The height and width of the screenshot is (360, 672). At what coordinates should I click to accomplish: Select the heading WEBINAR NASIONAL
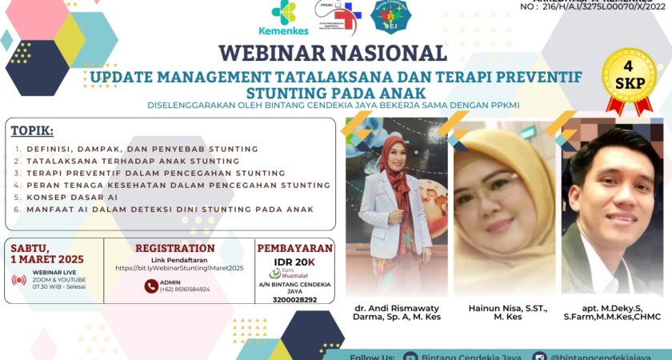[x=332, y=54]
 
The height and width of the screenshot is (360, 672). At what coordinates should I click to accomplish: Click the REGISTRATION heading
[x=175, y=248]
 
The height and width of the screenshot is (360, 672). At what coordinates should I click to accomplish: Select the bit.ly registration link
[x=179, y=268]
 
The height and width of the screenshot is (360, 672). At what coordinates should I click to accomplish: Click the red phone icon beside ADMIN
[x=151, y=286]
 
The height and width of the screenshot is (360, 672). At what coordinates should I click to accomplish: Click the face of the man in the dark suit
[x=610, y=190]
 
